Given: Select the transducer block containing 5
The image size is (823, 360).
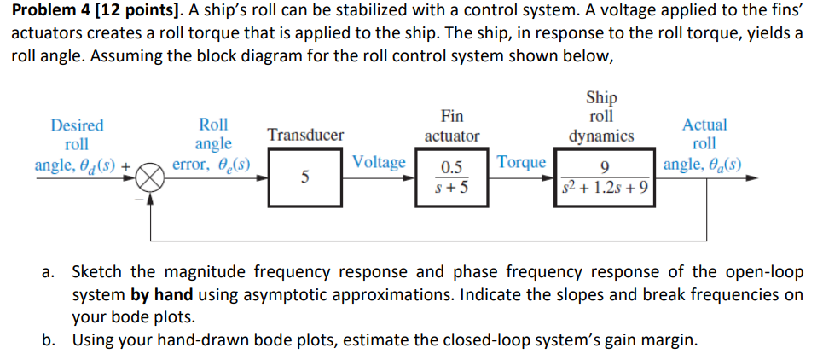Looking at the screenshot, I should click(x=305, y=178).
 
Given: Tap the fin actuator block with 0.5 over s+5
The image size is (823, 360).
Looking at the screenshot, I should click(x=452, y=178).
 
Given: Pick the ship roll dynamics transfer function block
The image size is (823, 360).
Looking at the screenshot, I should click(x=605, y=178).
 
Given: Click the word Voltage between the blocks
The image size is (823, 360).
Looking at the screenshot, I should click(x=379, y=163).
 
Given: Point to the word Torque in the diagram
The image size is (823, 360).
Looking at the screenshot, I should click(x=521, y=163).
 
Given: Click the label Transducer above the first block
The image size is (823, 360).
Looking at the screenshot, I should click(x=305, y=135).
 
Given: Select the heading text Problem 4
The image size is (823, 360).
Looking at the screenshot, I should click(x=42, y=11).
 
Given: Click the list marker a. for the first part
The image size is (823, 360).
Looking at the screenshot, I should click(x=50, y=273).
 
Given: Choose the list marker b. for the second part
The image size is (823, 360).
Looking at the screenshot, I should click(x=50, y=341).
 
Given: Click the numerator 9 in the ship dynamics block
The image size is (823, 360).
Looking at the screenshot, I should click(x=605, y=166).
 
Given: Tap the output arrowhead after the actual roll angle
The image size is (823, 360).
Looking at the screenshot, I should click(x=750, y=178).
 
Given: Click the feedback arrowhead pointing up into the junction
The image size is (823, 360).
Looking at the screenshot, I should click(x=152, y=199).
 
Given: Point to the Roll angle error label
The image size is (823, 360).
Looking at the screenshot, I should click(x=212, y=144).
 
